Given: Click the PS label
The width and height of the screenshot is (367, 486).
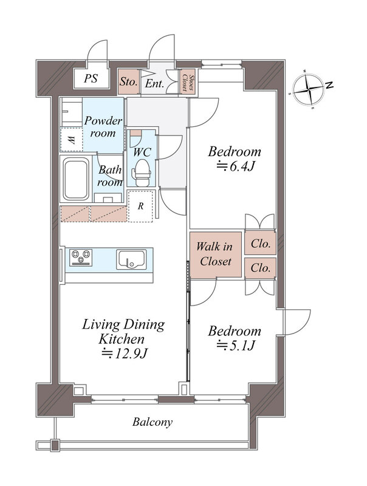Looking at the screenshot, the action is (x=91, y=78).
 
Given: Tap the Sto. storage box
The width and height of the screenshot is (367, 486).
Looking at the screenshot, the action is (x=129, y=81).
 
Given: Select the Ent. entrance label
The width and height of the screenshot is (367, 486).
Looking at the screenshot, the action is (x=154, y=83).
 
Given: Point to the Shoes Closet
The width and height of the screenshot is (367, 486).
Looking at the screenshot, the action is (x=188, y=82).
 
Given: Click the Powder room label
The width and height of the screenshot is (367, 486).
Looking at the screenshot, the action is (x=103, y=127).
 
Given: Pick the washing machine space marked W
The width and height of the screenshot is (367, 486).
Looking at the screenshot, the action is (x=71, y=140).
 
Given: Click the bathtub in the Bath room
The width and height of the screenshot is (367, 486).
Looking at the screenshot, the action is (x=76, y=179).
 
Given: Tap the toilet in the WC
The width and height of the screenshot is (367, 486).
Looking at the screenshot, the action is (x=142, y=173).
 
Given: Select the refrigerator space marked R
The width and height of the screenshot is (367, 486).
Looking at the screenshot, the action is (x=140, y=206).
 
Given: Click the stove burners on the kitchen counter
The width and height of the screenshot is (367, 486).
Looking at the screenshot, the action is (x=81, y=257).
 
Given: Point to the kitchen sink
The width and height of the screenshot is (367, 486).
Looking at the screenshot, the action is (x=131, y=259).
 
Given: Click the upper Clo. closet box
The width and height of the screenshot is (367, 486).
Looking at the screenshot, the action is (x=260, y=243).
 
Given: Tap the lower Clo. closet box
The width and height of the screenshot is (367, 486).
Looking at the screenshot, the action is (x=260, y=268).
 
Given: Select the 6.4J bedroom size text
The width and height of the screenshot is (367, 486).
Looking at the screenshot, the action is (x=236, y=166).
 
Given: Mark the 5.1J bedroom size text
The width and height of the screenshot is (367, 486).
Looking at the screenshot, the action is (x=236, y=345).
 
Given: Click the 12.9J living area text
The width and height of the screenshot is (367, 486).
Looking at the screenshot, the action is (x=124, y=354).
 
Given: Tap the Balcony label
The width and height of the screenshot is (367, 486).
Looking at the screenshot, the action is (x=152, y=422).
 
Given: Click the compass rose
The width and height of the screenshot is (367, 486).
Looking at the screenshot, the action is (x=309, y=89).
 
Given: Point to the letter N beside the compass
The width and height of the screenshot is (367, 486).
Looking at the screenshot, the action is (x=329, y=84).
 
